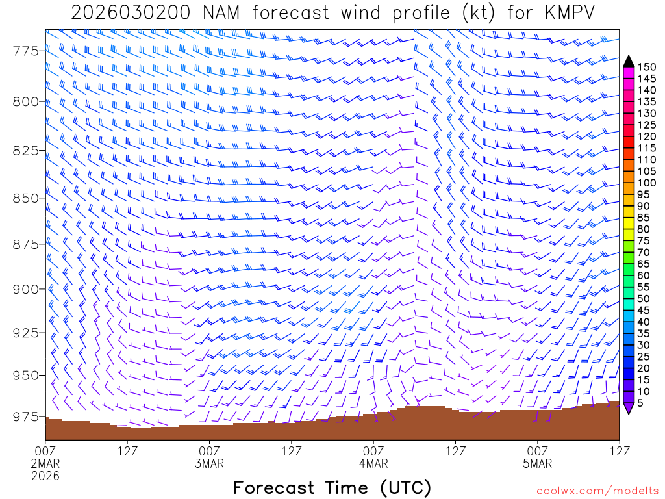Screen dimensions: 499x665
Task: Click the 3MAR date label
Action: pos(210,464)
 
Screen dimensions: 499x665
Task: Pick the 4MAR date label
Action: pos(374,464)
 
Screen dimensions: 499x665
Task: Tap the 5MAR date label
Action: pos(538,464)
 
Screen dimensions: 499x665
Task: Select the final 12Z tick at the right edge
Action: pos(620,450)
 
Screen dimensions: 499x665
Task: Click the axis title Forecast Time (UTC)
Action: pos(332,488)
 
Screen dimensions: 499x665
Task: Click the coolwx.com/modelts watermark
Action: pos(597,491)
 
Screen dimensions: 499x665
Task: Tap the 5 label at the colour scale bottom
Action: pos(642,403)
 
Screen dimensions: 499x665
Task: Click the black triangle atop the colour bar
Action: pos(629,61)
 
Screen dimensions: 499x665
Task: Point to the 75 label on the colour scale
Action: pos(644,240)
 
